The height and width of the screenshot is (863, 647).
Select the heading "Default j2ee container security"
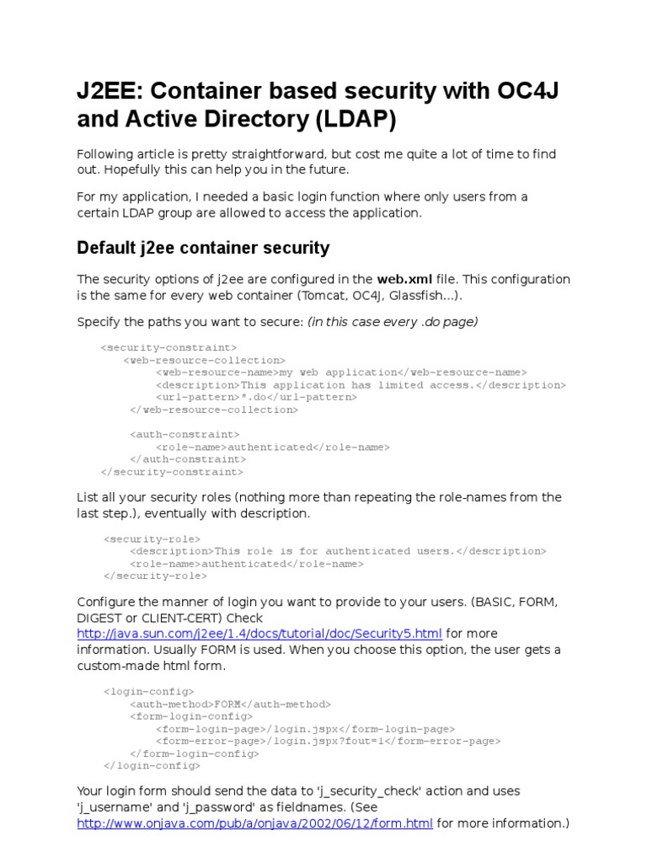pos(203,248)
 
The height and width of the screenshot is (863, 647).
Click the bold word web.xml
pos(404,279)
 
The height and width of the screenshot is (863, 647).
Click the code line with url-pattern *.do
pos(256,397)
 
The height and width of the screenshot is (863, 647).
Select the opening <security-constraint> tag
pos(168,347)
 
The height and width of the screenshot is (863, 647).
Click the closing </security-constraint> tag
pos(172,473)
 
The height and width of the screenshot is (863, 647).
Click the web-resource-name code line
pos(341,373)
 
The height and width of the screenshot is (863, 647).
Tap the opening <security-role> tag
pos(152,539)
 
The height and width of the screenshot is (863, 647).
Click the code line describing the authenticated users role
pos(338,551)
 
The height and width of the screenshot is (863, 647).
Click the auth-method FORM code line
pos(230,704)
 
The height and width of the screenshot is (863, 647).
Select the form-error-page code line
pos(328,742)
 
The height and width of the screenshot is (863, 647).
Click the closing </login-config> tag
pos(152,766)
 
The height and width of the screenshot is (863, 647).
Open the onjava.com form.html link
pos(255,823)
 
